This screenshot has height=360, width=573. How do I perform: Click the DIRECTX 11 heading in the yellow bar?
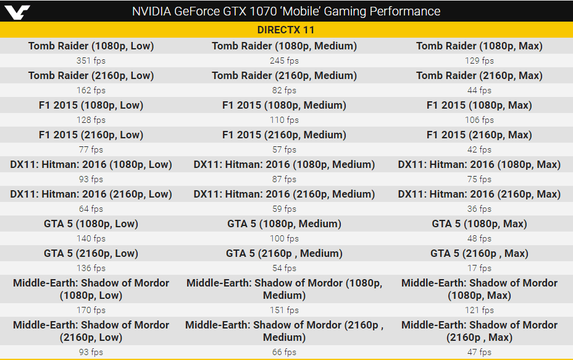[x=286, y=30]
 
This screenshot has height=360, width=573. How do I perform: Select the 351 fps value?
[x=91, y=61]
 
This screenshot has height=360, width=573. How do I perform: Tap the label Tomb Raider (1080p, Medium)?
[x=284, y=46]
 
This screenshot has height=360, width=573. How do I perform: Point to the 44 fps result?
[x=479, y=90]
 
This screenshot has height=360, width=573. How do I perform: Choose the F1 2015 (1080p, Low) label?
[x=91, y=105]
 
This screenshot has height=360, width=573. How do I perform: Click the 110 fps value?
[x=284, y=120]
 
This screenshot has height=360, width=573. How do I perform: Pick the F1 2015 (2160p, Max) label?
[x=479, y=135]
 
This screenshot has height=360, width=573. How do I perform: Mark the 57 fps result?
[x=284, y=149]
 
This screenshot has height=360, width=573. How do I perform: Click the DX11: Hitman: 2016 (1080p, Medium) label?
[x=284, y=164]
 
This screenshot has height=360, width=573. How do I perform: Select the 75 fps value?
[x=479, y=179]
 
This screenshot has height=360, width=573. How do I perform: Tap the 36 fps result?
[x=479, y=209]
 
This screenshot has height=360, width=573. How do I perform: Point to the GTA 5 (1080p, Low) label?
[x=91, y=224]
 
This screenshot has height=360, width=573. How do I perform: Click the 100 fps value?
[x=284, y=238]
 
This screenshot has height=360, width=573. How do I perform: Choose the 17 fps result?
[x=479, y=268]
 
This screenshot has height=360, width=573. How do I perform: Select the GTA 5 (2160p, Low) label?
[x=91, y=253]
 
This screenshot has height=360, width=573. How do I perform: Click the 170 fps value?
[x=91, y=310]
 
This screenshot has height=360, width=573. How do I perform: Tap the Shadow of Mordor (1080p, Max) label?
[x=479, y=289]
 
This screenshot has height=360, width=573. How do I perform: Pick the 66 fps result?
[x=284, y=352]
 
